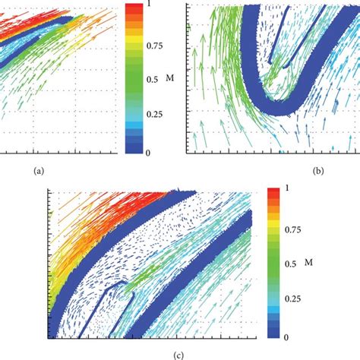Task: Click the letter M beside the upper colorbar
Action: [174, 79]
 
